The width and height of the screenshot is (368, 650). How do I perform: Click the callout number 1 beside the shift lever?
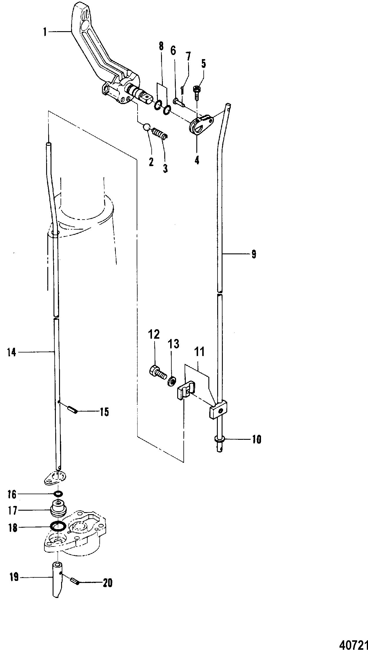[45, 32]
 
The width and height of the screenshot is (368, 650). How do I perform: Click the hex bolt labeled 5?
[197, 90]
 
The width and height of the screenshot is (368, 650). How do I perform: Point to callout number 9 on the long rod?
[254, 254]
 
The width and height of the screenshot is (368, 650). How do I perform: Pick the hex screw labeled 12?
[156, 372]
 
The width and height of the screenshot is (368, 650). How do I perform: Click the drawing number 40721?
[353, 644]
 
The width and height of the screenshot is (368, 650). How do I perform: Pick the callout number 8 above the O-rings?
[161, 46]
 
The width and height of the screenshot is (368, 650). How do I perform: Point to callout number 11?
[199, 352]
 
